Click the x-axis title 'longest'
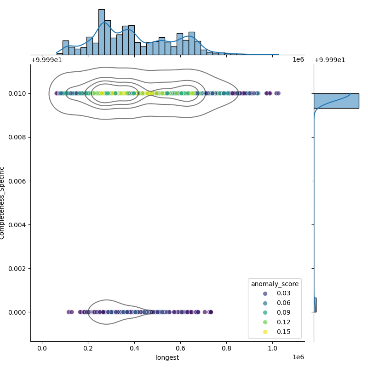pyautogui.click(x=167, y=357)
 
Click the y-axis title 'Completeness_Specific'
pyautogui.click(x=3, y=203)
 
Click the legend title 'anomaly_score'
pyautogui.click(x=275, y=284)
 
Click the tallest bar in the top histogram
pyautogui.click(x=101, y=32)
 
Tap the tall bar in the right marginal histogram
pyautogui.click(x=336, y=101)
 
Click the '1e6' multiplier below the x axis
pyautogui.click(x=298, y=357)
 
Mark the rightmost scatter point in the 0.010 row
pyautogui.click(x=278, y=93)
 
